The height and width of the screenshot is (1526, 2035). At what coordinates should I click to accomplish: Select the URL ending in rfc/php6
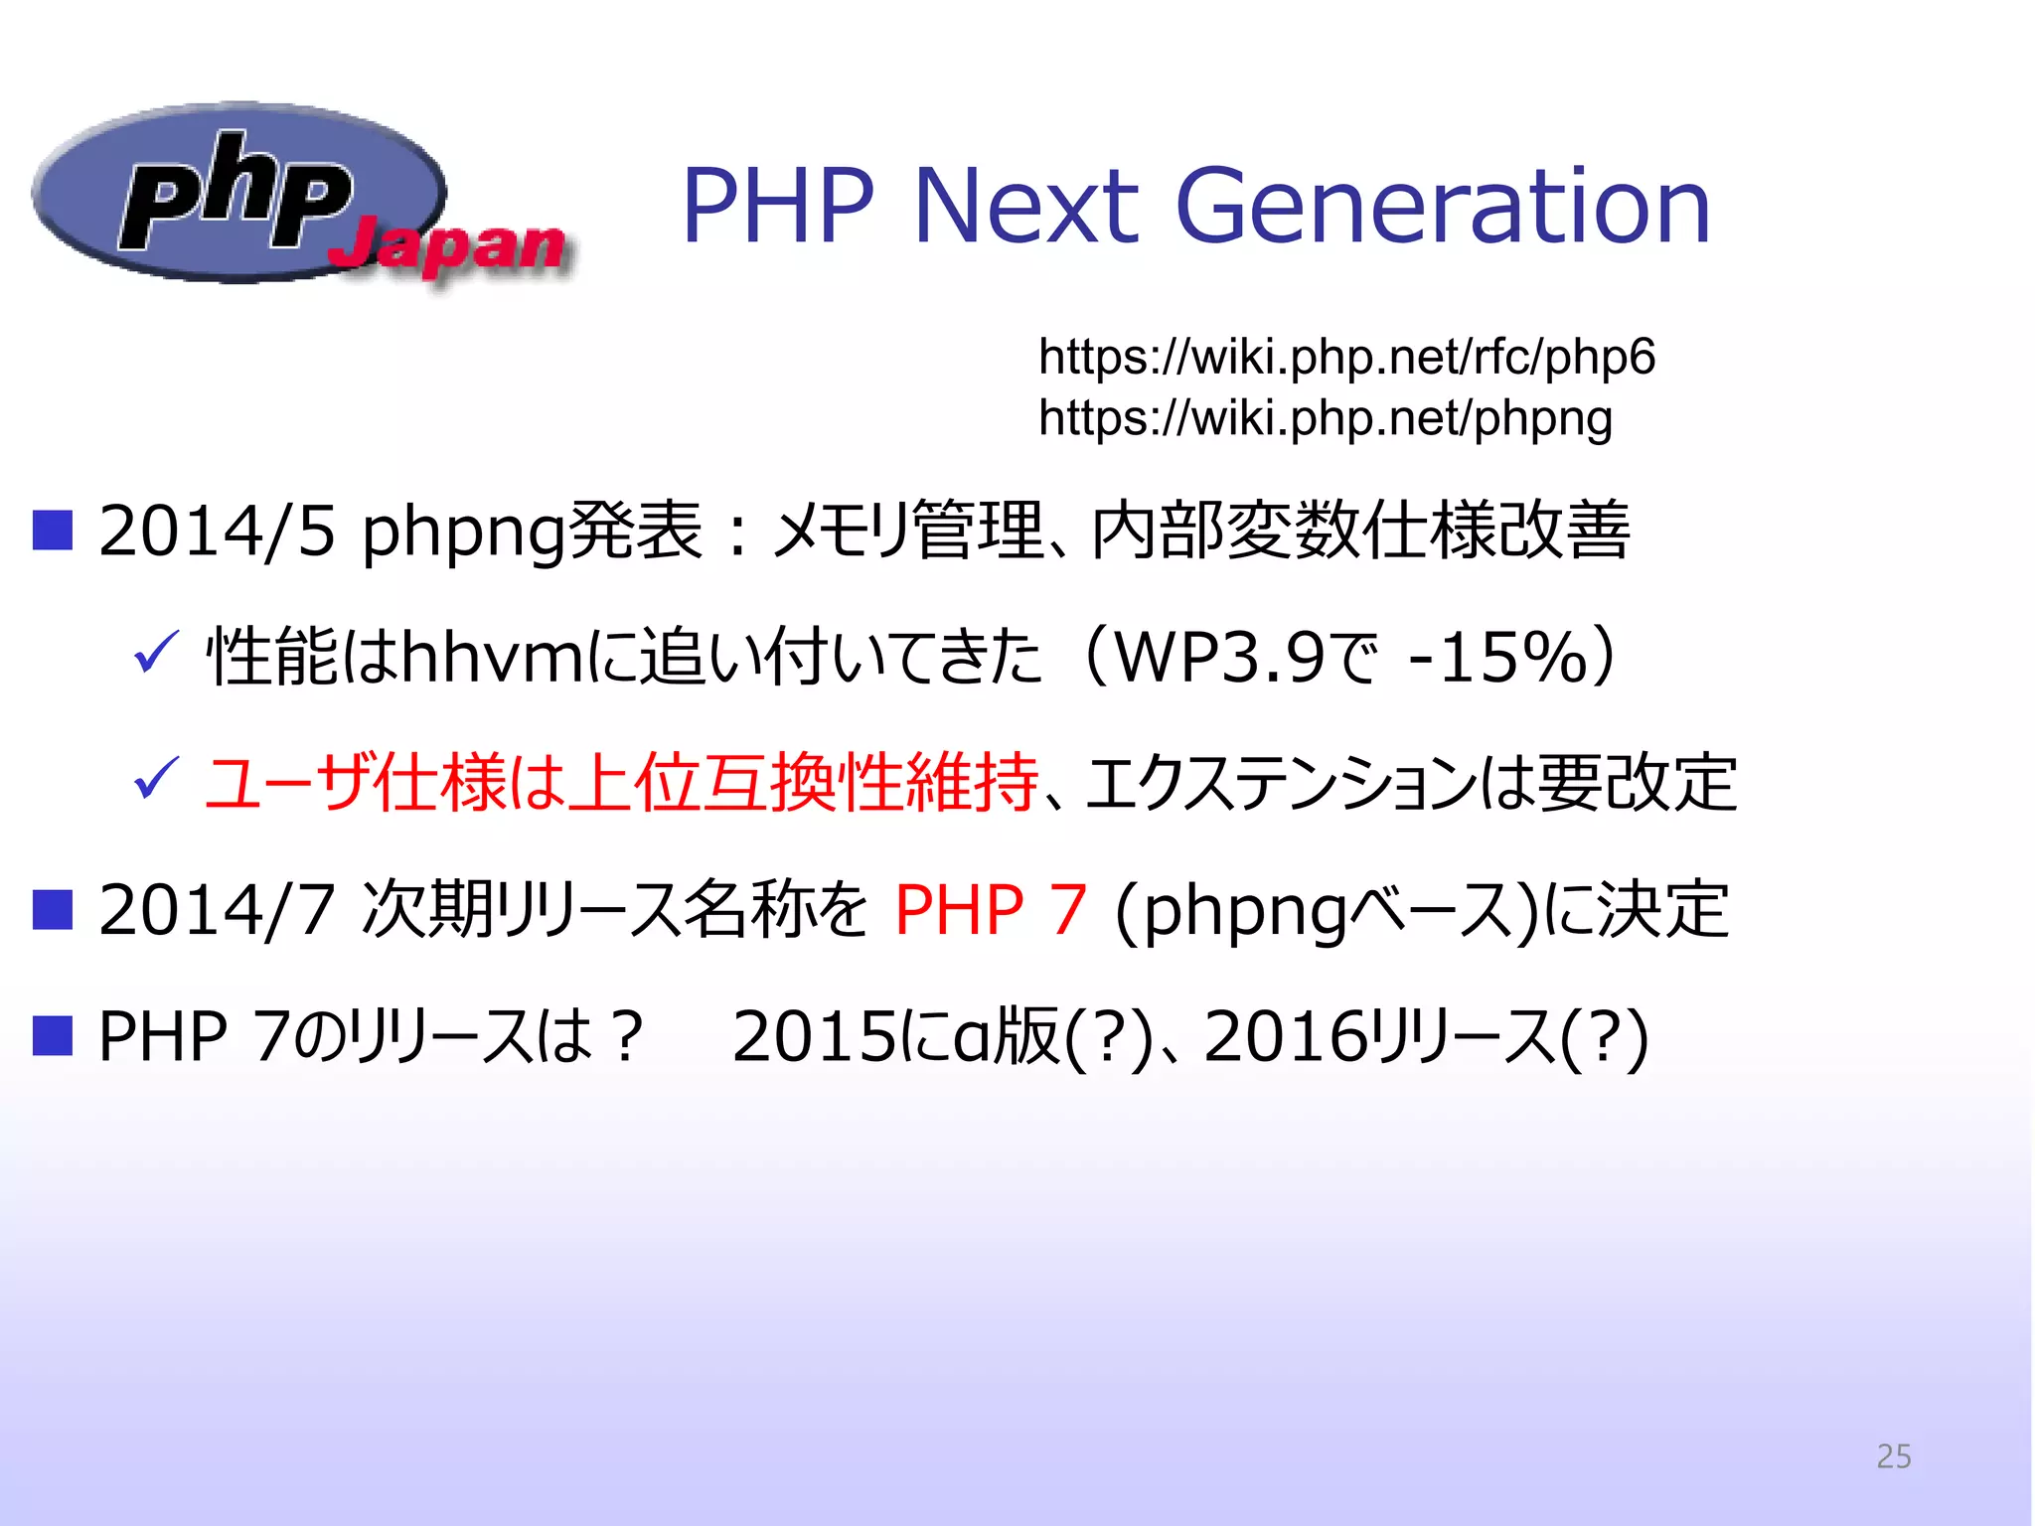(x=1346, y=357)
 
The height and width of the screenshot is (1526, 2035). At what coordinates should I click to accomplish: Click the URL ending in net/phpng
(x=1325, y=418)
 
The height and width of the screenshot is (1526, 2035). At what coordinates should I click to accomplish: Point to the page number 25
(x=1893, y=1456)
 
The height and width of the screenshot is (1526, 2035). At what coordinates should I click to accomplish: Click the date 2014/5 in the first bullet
(x=217, y=532)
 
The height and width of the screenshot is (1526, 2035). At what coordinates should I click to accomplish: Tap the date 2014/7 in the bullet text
(x=217, y=910)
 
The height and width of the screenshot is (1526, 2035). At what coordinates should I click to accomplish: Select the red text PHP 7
(x=991, y=910)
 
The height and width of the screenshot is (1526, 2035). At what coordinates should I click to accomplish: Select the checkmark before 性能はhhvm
(x=155, y=654)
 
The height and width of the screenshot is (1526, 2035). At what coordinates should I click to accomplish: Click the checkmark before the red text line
(x=155, y=778)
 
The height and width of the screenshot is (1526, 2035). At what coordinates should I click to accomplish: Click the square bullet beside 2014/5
(x=53, y=531)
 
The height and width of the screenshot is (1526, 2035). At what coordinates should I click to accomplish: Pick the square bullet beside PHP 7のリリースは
(x=53, y=1035)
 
